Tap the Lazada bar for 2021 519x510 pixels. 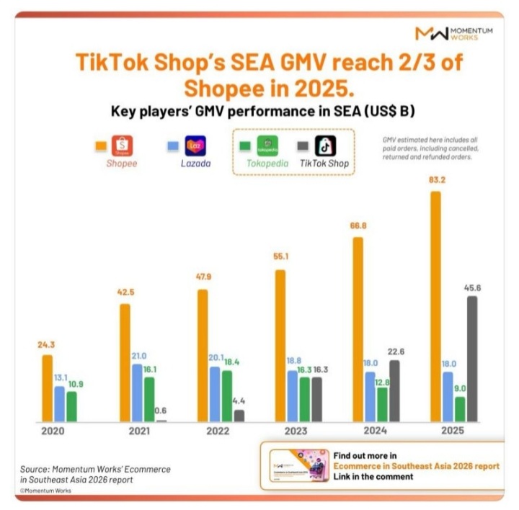(x=137, y=393)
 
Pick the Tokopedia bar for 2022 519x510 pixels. (x=227, y=395)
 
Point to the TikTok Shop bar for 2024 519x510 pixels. (x=394, y=390)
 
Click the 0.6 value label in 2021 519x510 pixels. (x=161, y=411)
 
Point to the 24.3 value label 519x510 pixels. (x=47, y=345)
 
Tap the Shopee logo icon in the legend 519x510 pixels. (x=122, y=146)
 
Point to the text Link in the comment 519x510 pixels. (x=373, y=477)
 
